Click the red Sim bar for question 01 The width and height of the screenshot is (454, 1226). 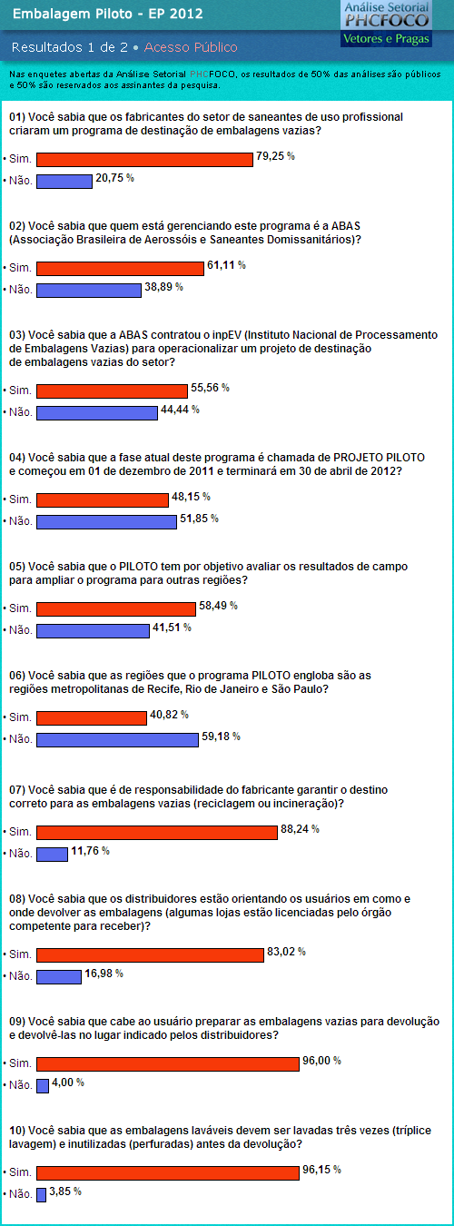pos(144,159)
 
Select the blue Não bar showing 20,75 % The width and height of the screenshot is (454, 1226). pos(64,181)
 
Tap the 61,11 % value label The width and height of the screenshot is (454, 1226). pos(226,265)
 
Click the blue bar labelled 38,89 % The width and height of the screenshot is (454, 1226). pos(89,290)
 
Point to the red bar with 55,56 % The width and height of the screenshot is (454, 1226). pos(112,391)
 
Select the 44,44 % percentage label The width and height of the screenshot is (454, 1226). pos(180,410)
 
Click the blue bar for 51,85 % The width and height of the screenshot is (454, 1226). pos(106,521)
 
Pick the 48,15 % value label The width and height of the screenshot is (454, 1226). pos(191,497)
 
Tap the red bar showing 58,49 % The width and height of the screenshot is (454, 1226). pos(116,608)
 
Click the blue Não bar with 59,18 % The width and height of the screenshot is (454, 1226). pos(118,739)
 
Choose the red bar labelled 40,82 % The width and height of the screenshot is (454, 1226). pos(92,717)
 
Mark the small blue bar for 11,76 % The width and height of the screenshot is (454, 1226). pos(52,854)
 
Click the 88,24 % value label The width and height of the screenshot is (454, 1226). pos(300,829)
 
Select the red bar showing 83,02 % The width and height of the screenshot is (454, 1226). pos(150,954)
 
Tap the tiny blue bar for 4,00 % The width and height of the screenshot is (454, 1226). pos(43,1085)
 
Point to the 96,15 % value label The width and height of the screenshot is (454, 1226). pos(321,1170)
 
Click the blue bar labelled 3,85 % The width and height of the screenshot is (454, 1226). pos(42,1194)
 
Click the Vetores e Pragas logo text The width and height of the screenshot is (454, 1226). pos(386,39)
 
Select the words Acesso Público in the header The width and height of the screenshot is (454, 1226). pos(191,47)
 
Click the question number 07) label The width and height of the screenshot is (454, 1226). pos(17,790)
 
